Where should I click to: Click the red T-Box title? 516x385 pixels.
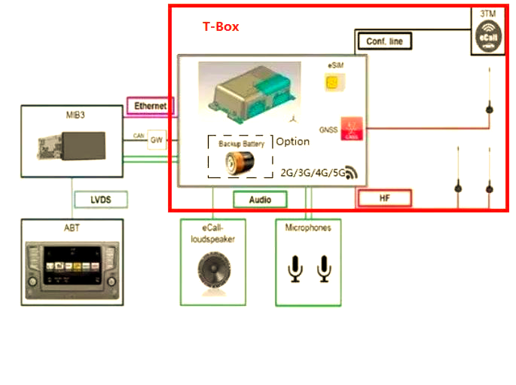pyautogui.click(x=221, y=26)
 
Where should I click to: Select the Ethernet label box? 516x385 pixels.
pyautogui.click(x=151, y=106)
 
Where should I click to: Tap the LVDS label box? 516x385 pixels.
pyautogui.click(x=100, y=200)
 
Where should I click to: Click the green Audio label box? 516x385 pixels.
pyautogui.click(x=260, y=200)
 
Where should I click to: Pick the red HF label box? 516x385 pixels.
pyautogui.click(x=383, y=199)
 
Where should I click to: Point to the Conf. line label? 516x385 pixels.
pyautogui.click(x=384, y=41)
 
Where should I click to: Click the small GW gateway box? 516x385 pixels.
pyautogui.click(x=157, y=140)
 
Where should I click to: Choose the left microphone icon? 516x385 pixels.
pyautogui.click(x=297, y=269)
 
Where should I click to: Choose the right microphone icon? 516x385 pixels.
pyautogui.click(x=325, y=269)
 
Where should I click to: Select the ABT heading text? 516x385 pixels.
pyautogui.click(x=72, y=228)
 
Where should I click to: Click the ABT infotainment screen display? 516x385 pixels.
pyautogui.click(x=71, y=267)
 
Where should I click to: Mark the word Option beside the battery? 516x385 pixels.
pyautogui.click(x=293, y=142)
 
